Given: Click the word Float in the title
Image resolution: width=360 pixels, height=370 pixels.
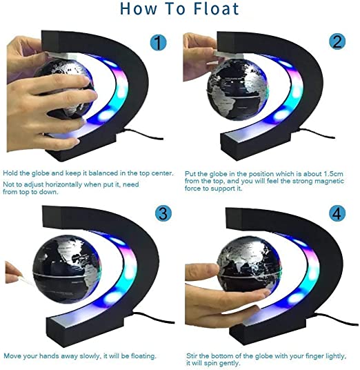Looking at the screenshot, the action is [x=216, y=9].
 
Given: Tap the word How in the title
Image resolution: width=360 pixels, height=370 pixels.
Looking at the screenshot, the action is [x=138, y=9].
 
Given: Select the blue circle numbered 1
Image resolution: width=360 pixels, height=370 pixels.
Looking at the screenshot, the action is [x=158, y=43].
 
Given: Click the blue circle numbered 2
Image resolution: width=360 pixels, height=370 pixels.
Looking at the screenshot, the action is [x=337, y=41].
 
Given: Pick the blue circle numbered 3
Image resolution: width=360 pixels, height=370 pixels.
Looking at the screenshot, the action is [x=163, y=213].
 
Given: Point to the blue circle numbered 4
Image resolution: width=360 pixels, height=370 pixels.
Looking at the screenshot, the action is [x=337, y=213].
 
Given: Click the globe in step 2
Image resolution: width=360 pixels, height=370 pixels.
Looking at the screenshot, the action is [x=238, y=90].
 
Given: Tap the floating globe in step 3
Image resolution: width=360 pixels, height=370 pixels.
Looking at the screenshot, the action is [x=67, y=269].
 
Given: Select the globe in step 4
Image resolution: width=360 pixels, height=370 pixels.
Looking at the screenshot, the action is [x=249, y=267].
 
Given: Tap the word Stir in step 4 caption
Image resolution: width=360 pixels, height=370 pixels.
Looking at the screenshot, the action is [x=192, y=356].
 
